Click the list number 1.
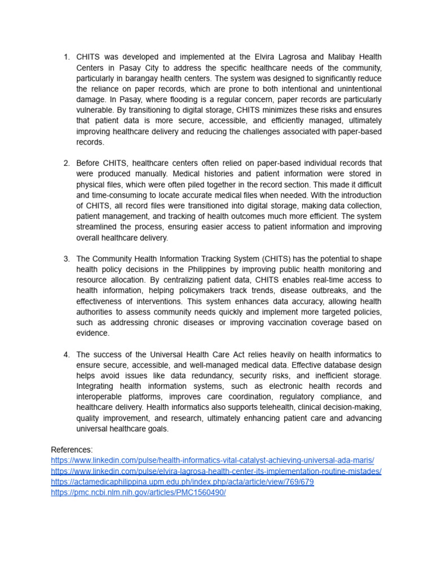pos(66,57)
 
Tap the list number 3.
pos(66,259)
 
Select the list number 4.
pos(66,354)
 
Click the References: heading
pos(72,450)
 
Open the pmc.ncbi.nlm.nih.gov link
pos(138,493)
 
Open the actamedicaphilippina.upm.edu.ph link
pos(182,482)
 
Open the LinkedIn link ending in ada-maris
pos(212,461)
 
